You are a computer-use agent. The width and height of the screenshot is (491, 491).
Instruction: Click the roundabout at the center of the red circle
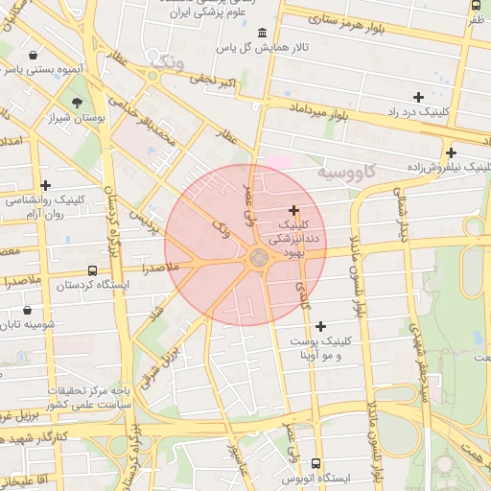point(259,257)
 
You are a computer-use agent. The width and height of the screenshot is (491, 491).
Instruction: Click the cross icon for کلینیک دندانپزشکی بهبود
point(293,210)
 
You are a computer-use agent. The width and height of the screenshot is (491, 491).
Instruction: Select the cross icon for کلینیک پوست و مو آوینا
point(320,327)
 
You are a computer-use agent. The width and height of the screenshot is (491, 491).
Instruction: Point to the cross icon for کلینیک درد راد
point(417,97)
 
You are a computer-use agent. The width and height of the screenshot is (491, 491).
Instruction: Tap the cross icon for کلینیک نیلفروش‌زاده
point(451,152)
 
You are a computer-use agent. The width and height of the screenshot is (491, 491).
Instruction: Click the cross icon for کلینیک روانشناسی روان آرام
point(45,185)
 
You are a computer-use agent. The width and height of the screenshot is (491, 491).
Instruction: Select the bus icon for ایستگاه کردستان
point(92,271)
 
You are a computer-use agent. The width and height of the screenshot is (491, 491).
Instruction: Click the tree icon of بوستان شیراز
point(77,102)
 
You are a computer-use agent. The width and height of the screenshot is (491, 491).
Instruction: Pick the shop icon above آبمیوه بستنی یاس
point(35,55)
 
